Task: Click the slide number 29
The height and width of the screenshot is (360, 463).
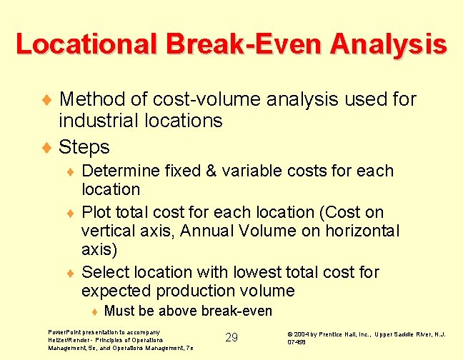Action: coord(231,337)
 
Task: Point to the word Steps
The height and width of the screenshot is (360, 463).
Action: coord(84,147)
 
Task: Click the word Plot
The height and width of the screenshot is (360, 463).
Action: coord(97,212)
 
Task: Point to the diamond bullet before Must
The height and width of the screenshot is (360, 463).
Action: coord(94,311)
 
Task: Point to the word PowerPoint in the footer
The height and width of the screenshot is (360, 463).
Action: coord(64,332)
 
